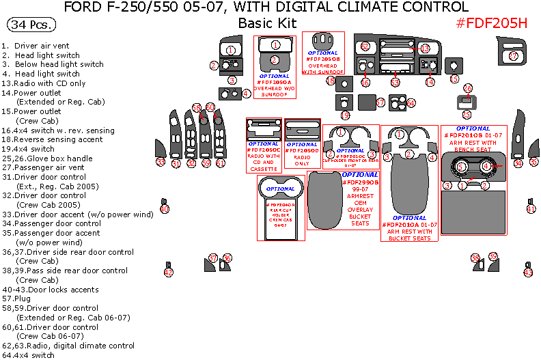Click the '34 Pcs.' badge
click(x=31, y=25)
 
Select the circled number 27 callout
click(x=514, y=55)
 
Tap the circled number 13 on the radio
click(x=424, y=49)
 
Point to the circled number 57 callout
click(x=380, y=102)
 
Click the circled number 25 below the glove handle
click(x=467, y=115)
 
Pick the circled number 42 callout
click(x=168, y=273)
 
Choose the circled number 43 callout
click(x=527, y=273)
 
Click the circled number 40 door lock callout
click(x=164, y=208)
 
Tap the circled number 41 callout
click(x=531, y=208)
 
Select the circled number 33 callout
click(x=160, y=162)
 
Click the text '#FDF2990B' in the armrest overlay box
click(x=359, y=182)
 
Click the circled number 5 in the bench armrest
click(x=461, y=166)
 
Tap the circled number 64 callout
click(x=411, y=103)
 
